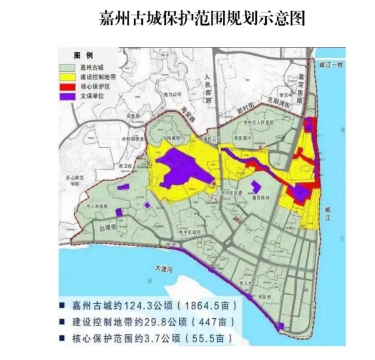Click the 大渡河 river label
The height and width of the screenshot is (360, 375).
(164, 270)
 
